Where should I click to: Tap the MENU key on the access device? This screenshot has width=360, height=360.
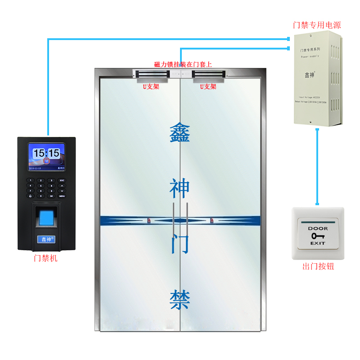pyautogui.click(x=62, y=196)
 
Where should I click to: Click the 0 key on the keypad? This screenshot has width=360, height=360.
pyautogui.click(x=41, y=196)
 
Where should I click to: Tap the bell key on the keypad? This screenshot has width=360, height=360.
pyautogui.click(x=31, y=196)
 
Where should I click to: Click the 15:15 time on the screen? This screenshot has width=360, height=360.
pyautogui.click(x=46, y=153)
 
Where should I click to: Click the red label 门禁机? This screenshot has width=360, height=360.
pyautogui.click(x=46, y=258)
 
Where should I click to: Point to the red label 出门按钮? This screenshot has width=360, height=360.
pyautogui.click(x=318, y=266)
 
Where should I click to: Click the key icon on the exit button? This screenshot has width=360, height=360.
pyautogui.click(x=318, y=235)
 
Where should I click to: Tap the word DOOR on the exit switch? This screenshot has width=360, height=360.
pyautogui.click(x=318, y=229)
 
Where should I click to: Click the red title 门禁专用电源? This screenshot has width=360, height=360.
pyautogui.click(x=316, y=25)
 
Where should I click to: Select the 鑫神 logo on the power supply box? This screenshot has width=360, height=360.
pyautogui.click(x=310, y=74)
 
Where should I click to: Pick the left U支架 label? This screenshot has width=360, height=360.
pyautogui.click(x=151, y=86)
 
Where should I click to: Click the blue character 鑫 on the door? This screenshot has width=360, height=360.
pyautogui.click(x=180, y=133)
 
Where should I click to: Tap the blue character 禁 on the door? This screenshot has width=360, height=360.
pyautogui.click(x=180, y=299)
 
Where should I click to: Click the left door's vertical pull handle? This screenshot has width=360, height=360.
pyautogui.click(x=174, y=220)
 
